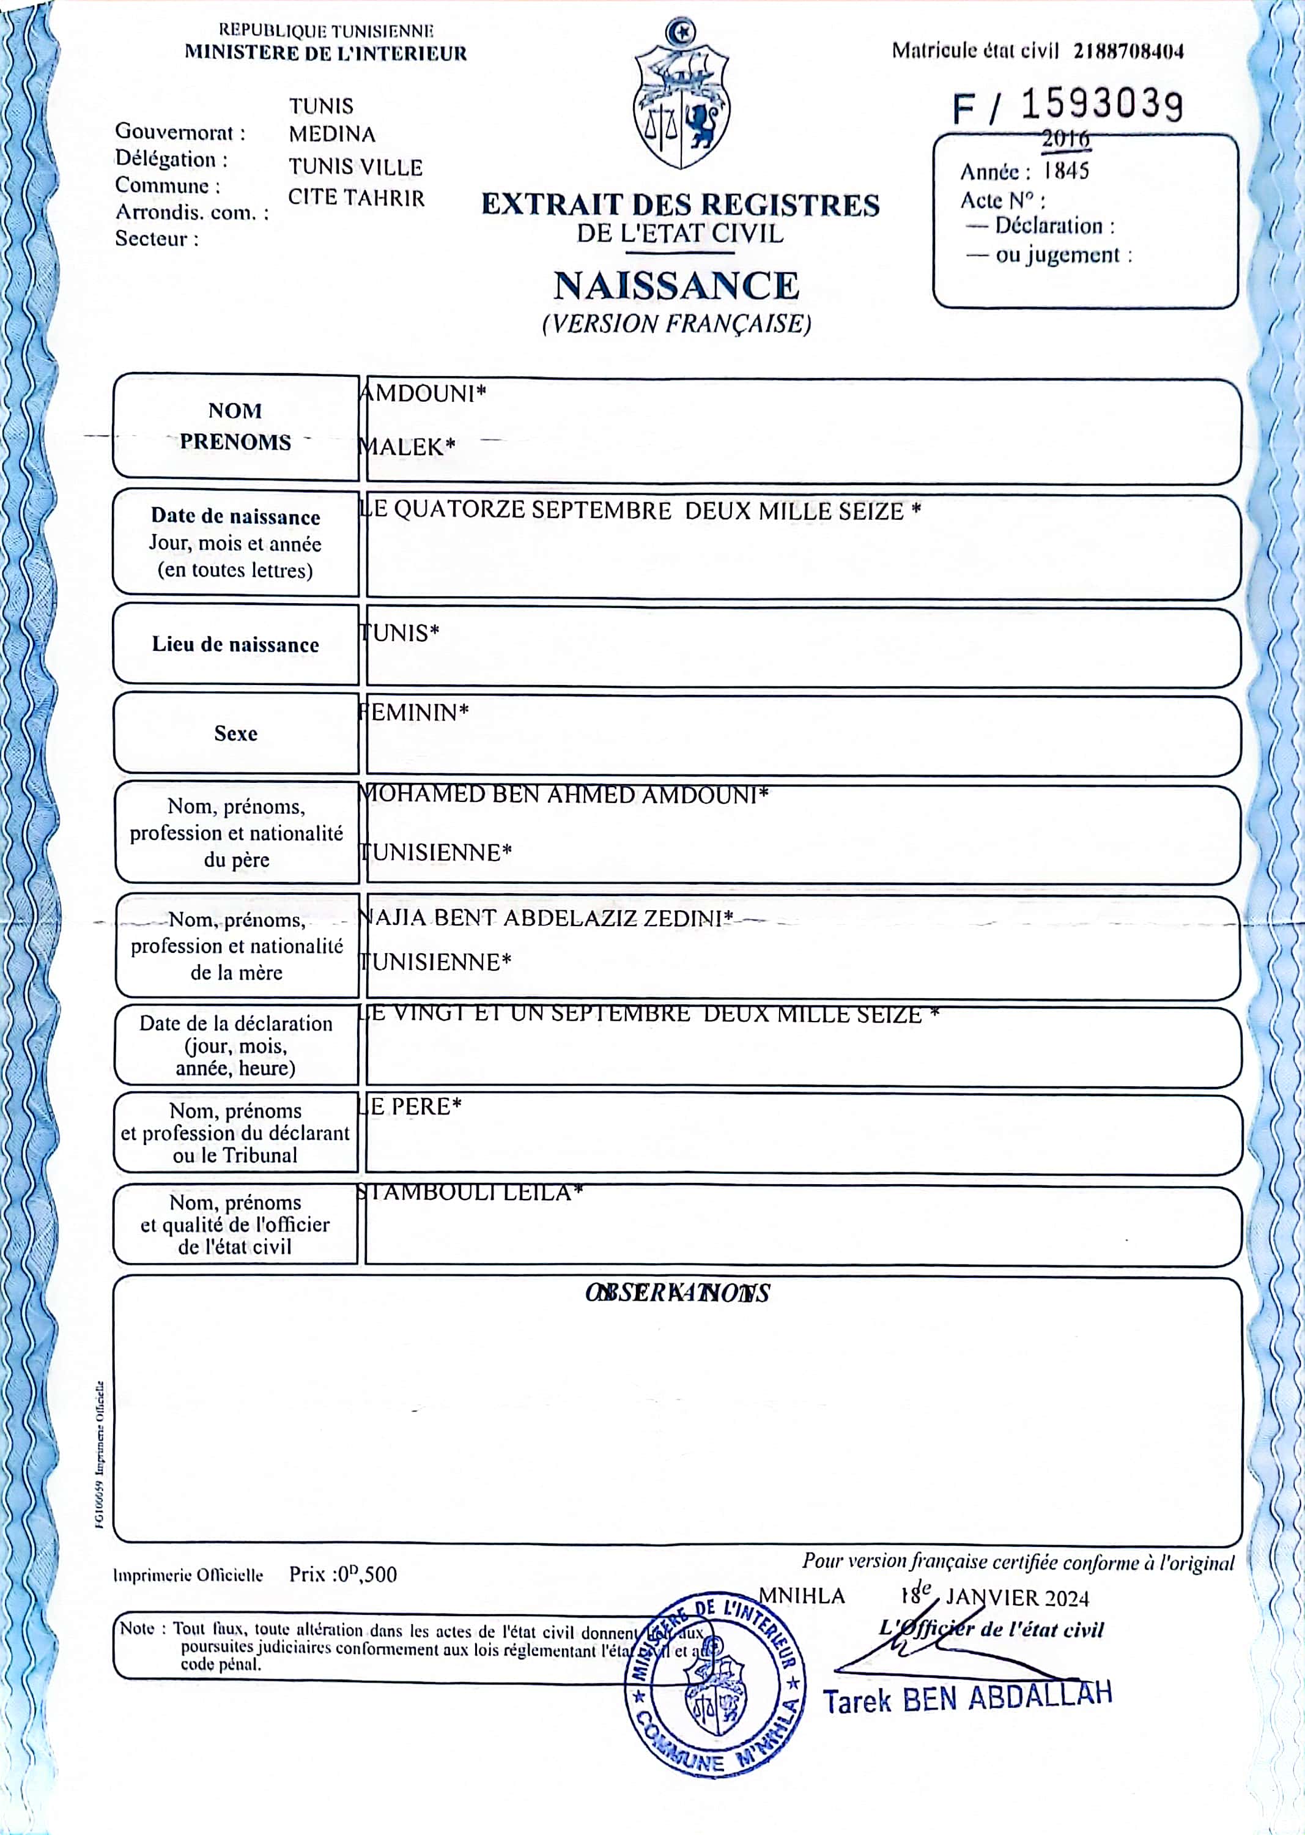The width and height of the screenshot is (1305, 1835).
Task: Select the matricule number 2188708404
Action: click(1128, 51)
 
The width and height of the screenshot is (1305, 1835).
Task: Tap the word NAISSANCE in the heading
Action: click(676, 285)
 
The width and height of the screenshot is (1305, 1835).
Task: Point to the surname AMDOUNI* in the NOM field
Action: click(423, 394)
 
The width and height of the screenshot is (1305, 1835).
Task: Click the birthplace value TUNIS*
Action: click(399, 632)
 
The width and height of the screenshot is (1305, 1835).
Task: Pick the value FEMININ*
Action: click(414, 712)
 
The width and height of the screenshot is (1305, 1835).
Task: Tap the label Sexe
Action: click(235, 733)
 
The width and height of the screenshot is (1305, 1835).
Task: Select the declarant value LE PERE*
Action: click(410, 1107)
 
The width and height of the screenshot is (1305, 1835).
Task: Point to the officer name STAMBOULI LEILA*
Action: click(469, 1192)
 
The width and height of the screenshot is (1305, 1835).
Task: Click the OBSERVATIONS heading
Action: click(678, 1293)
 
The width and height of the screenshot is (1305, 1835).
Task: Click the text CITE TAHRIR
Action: click(356, 198)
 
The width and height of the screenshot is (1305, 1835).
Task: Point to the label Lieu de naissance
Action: click(235, 645)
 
